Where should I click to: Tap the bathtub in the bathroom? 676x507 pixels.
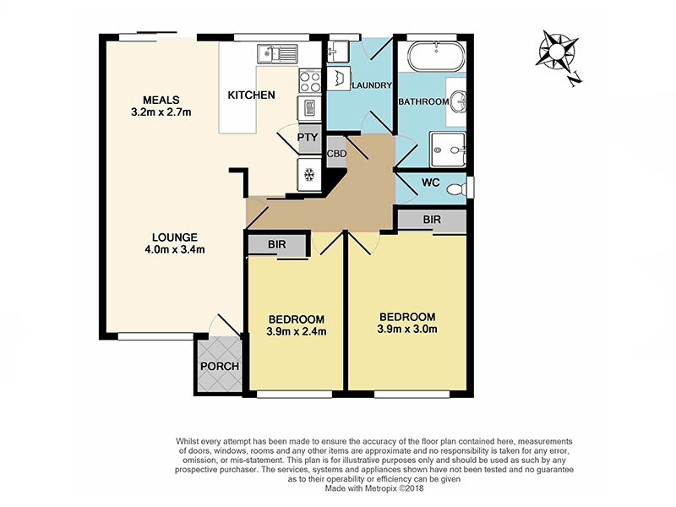(436, 60)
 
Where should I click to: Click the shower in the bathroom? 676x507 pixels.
(447, 150)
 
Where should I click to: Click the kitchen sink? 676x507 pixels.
(277, 54)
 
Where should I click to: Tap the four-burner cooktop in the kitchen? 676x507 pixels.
(308, 83)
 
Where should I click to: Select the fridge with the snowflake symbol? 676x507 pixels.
(308, 175)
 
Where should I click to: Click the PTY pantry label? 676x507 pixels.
(308, 137)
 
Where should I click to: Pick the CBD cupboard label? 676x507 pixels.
(335, 155)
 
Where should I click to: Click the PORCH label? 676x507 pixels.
(218, 367)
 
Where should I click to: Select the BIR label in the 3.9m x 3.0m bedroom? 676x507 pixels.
(432, 220)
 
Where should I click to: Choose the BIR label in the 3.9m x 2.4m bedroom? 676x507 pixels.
(276, 244)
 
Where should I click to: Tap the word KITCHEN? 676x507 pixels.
(251, 95)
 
